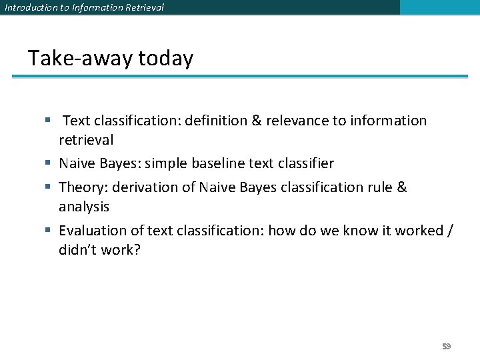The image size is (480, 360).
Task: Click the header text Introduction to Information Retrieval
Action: click(84, 7)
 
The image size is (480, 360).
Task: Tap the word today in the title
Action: click(165, 59)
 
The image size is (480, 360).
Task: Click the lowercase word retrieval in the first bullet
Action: click(86, 140)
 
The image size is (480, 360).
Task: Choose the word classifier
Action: click(305, 163)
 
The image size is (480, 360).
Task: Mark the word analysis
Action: click(84, 207)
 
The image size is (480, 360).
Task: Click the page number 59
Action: click(447, 347)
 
